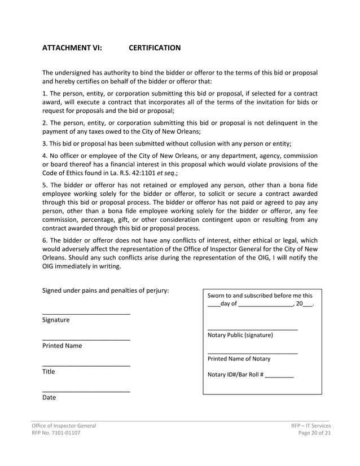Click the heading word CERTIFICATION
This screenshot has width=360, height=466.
pyautogui.click(x=155, y=48)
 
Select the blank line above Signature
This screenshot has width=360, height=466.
pyautogui.click(x=86, y=313)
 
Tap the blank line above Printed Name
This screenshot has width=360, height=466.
pyautogui.click(x=86, y=339)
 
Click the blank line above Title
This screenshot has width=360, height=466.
pyautogui.click(x=86, y=366)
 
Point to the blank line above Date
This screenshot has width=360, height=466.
pyautogui.click(x=86, y=391)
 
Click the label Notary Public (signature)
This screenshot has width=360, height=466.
pyautogui.click(x=240, y=335)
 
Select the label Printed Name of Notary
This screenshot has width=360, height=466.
pyautogui.click(x=239, y=359)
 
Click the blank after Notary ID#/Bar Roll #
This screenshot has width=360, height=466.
pyautogui.click(x=279, y=376)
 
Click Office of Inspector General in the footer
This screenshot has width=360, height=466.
pyautogui.click(x=63, y=425)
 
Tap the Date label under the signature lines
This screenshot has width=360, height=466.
pyautogui.click(x=49, y=398)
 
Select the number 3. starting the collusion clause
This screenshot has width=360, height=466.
pyautogui.click(x=45, y=143)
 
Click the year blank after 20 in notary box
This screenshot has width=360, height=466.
pyautogui.click(x=308, y=305)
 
